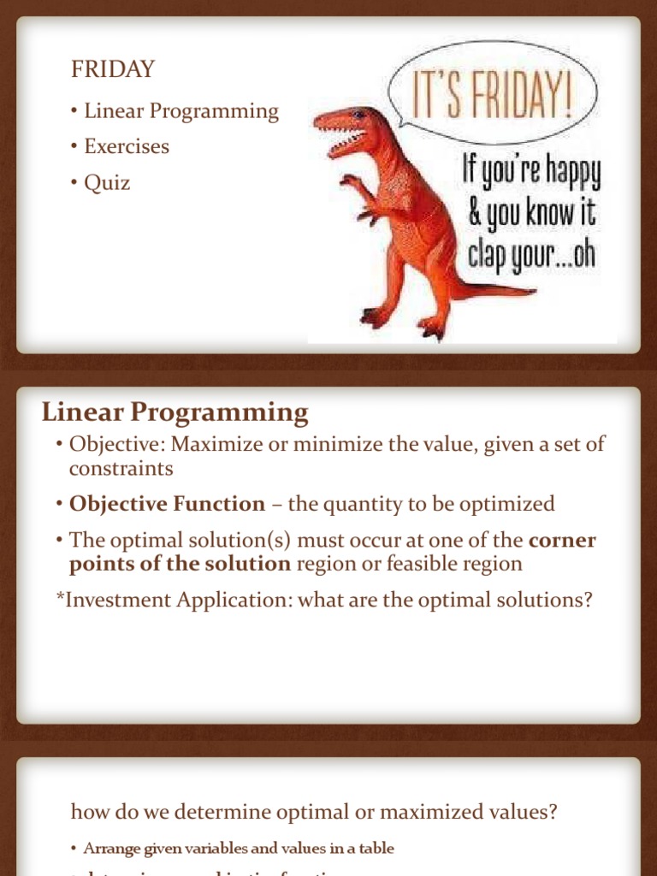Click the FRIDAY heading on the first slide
pyautogui.click(x=112, y=70)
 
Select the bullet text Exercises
pyautogui.click(x=127, y=146)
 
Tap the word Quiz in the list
pyautogui.click(x=107, y=182)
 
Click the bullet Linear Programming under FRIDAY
pyautogui.click(x=181, y=111)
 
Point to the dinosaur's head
pyautogui.click(x=346, y=126)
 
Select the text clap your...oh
pyautogui.click(x=530, y=255)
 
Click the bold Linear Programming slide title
pyautogui.click(x=175, y=413)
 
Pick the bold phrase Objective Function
pyautogui.click(x=167, y=504)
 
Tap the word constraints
pyautogui.click(x=121, y=469)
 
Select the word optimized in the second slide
pyautogui.click(x=506, y=504)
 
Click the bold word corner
pyautogui.click(x=562, y=540)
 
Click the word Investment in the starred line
pyautogui.click(x=114, y=600)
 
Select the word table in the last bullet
pyautogui.click(x=376, y=849)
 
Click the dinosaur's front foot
pyautogui.click(x=431, y=327)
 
